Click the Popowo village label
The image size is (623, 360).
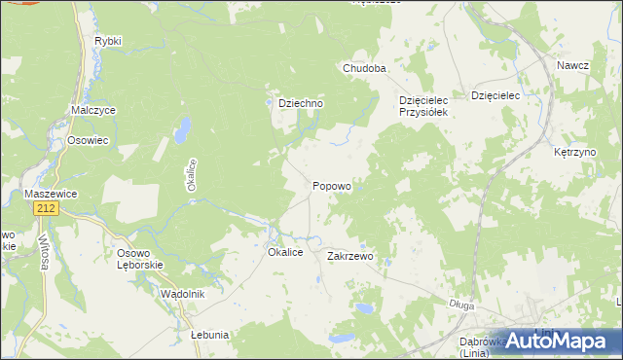point(332,186)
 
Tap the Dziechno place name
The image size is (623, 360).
point(294,103)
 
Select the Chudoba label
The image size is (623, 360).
point(364,69)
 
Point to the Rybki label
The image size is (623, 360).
point(107,42)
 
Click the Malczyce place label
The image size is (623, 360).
point(93,111)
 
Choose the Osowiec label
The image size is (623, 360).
point(88,140)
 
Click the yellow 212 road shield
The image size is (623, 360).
point(44,209)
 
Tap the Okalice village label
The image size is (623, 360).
point(286,252)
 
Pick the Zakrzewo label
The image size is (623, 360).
point(350,257)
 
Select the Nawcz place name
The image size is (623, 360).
point(573,65)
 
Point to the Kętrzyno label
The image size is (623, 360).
point(573,154)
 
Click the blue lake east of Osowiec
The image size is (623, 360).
point(181,129)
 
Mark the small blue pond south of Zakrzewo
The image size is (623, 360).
point(362,308)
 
